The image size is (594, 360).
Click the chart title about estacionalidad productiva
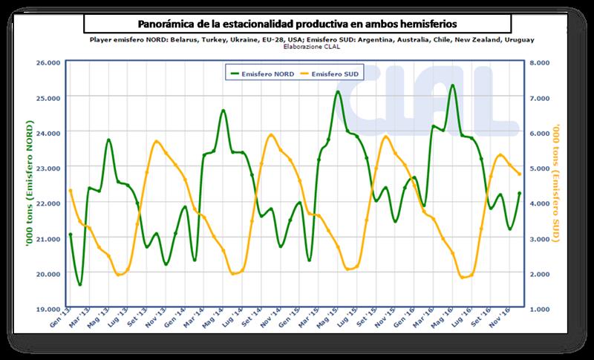pyautogui.click(x=299, y=22)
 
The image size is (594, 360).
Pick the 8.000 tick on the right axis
pyautogui.click(x=537, y=63)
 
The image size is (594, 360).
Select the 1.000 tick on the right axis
pyautogui.click(x=537, y=308)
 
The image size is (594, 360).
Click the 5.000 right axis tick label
pyautogui.click(x=537, y=168)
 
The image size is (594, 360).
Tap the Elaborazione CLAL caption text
pyautogui.click(x=300, y=46)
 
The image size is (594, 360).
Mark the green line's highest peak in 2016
pyautogui.click(x=452, y=85)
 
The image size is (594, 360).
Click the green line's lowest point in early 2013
pyautogui.click(x=79, y=284)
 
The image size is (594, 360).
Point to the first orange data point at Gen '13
pyautogui.click(x=71, y=191)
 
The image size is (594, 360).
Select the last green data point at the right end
pyautogui.click(x=519, y=193)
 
